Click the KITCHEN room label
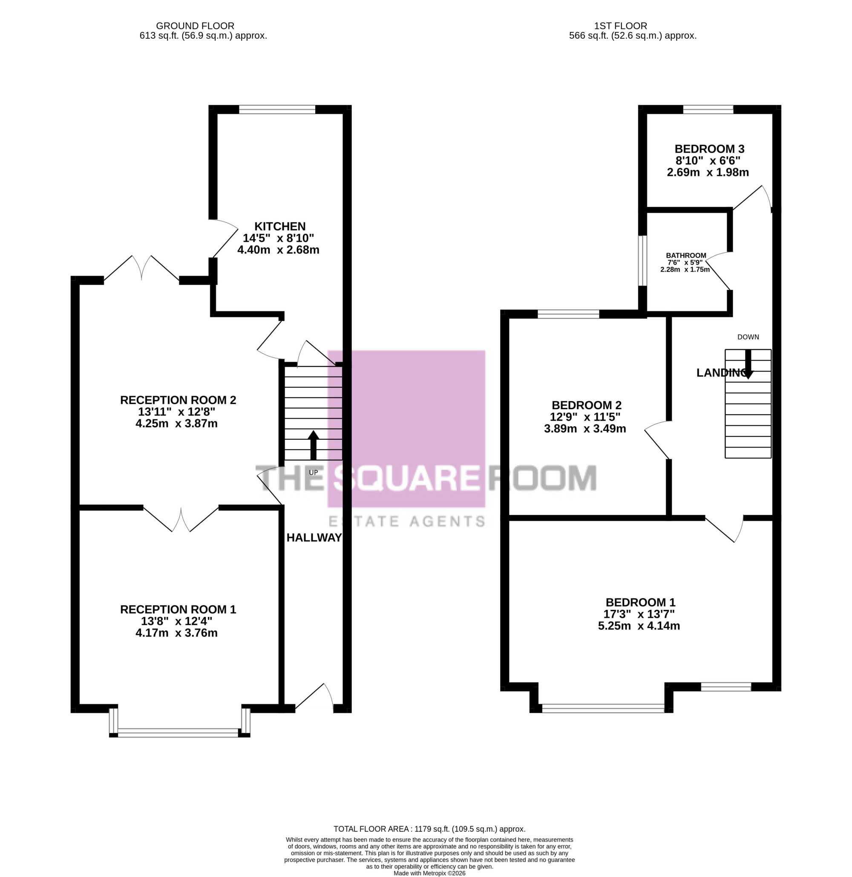point(280,227)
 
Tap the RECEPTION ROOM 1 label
point(178,609)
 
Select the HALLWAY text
point(314,538)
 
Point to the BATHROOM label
point(686,256)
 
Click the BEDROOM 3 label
point(710,149)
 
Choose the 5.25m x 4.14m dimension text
point(639,626)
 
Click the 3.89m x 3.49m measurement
point(585,428)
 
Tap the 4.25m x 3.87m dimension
point(176,423)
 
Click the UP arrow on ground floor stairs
point(313,445)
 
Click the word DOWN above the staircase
point(748,337)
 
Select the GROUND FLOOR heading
point(195,26)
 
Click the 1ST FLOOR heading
point(621,26)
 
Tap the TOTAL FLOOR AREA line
point(429,829)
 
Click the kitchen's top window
point(277,109)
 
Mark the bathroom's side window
point(642,260)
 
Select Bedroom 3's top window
point(708,109)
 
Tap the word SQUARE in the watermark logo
point(406,478)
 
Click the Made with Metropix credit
point(429,874)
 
